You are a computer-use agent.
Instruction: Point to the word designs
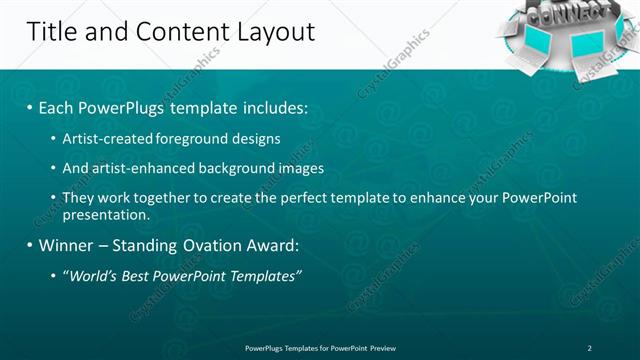(x=255, y=138)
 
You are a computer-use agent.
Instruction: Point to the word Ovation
(x=206, y=245)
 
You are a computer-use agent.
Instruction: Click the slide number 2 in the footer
(x=590, y=348)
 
